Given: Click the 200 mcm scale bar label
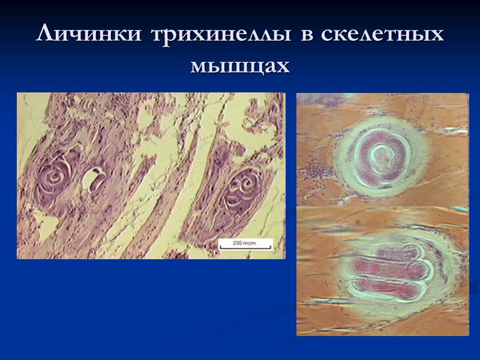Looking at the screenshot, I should coord(244,242).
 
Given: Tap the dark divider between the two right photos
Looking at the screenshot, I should coord(383,207).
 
